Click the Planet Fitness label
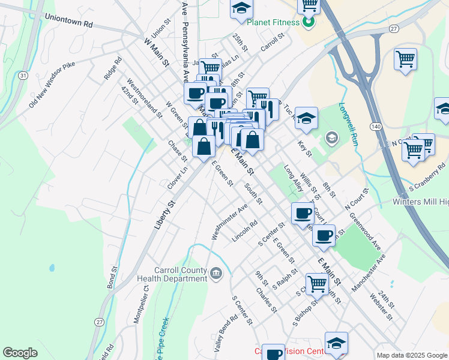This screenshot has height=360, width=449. [x=272, y=23]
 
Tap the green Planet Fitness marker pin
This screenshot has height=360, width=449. [x=309, y=23]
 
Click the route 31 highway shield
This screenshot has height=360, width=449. [x=22, y=76]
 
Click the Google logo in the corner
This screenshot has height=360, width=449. [x=20, y=353]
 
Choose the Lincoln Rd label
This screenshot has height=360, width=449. [x=245, y=231]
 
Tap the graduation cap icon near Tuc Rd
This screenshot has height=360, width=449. [x=306, y=118]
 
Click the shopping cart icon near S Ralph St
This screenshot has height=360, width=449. [x=317, y=283]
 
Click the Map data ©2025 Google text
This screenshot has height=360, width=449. [x=411, y=355]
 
